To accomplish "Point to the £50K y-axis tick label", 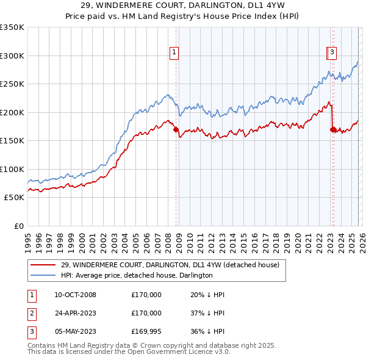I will (x=13, y=198).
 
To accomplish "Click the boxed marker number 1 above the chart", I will (x=174, y=53).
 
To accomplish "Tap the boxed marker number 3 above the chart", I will (x=332, y=53).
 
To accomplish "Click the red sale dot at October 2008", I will (x=176, y=129).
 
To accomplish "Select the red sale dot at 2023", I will (x=332, y=129).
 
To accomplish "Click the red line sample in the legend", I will (x=43, y=265).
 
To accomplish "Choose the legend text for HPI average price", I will (x=136, y=275).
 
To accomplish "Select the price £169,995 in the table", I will (x=146, y=331).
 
